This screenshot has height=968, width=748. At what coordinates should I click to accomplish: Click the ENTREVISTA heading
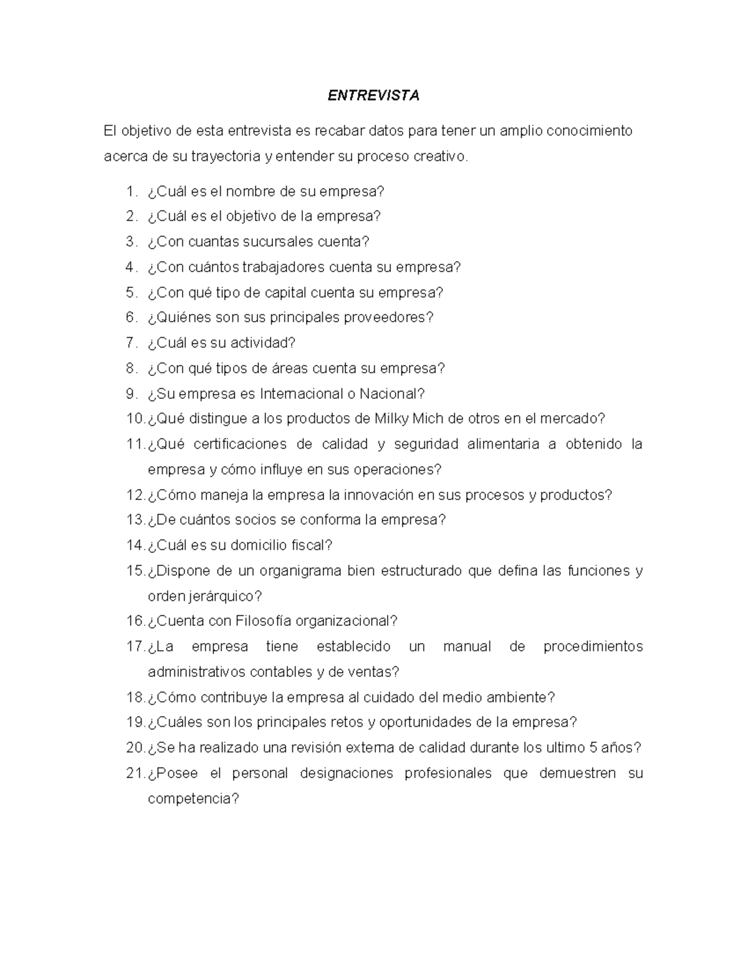(374, 95)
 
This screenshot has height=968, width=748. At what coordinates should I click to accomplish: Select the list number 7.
(130, 343)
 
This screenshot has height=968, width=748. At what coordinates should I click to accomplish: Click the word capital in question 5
(285, 292)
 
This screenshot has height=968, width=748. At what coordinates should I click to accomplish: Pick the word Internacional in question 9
(297, 394)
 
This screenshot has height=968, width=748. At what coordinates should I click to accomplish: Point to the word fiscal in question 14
(310, 545)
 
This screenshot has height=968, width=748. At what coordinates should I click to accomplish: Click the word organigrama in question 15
(297, 571)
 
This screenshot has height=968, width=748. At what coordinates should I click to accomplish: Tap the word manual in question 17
(467, 647)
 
